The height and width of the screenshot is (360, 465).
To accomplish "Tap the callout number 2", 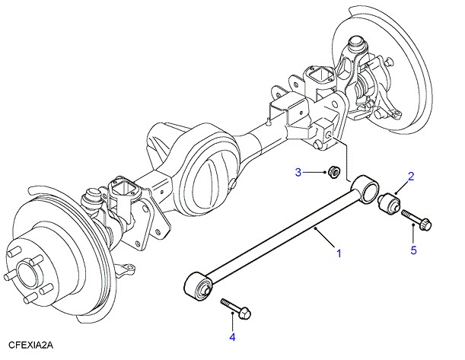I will click(410, 177).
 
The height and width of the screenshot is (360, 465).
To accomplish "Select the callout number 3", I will click(299, 172).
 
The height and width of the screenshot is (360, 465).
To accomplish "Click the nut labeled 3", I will click(333, 174).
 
